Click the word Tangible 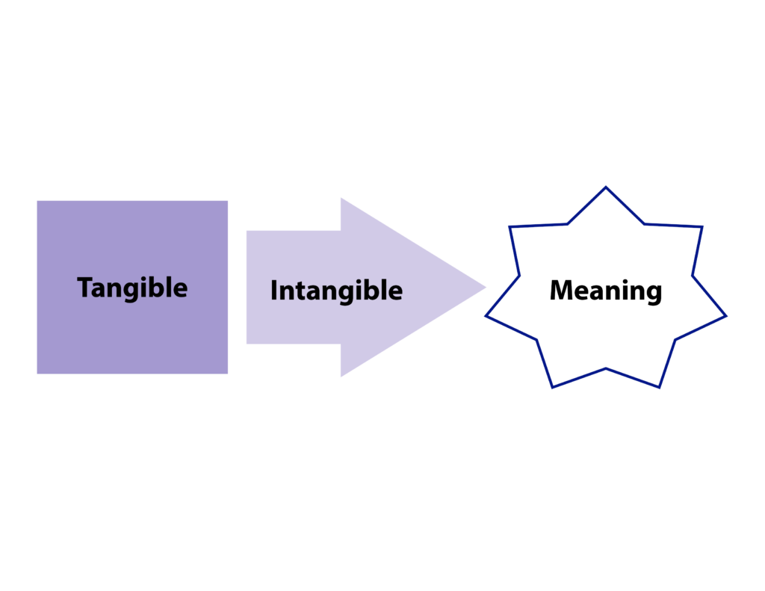coord(132,288)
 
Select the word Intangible coord(336,291)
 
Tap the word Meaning coord(605,291)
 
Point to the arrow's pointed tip coord(486,287)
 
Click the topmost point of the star coord(605,188)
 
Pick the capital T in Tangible coord(84,287)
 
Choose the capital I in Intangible coord(273,290)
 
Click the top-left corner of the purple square coord(38,202)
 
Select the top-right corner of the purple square coord(227,202)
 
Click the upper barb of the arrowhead coord(341,199)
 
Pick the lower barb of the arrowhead coord(341,376)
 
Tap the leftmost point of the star coord(487,315)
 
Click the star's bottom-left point coord(553,386)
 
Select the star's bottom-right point coord(659,386)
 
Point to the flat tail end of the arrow coord(247,287)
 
